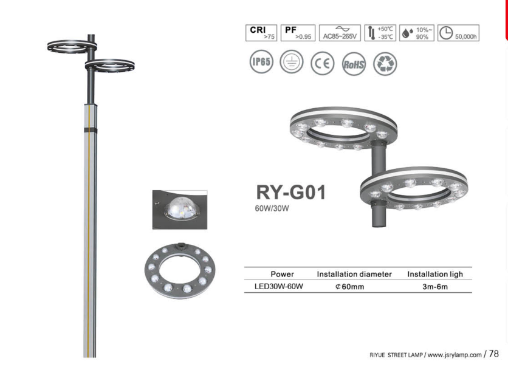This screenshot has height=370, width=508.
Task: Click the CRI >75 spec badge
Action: pyautogui.click(x=261, y=33)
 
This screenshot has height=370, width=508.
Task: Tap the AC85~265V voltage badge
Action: pyautogui.click(x=340, y=33)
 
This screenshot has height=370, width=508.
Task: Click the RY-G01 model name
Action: pyautogui.click(x=290, y=193)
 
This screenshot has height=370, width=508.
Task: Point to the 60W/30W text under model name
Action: pyautogui.click(x=270, y=210)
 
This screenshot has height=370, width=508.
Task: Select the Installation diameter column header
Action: pyautogui.click(x=354, y=274)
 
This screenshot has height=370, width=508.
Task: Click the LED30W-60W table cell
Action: pyautogui.click(x=274, y=286)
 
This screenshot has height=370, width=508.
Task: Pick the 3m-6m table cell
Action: pyautogui.click(x=435, y=286)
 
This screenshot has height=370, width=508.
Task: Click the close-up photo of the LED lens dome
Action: pyautogui.click(x=179, y=209)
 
